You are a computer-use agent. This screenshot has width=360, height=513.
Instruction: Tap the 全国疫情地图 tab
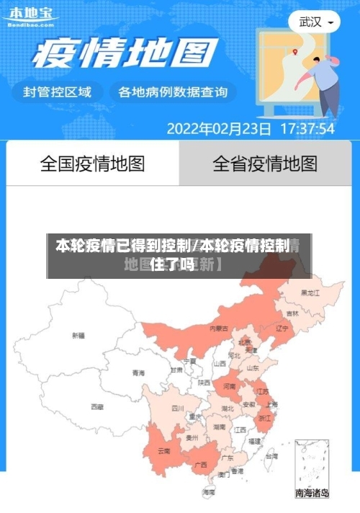(92, 164)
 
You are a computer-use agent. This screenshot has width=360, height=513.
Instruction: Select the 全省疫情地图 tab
(265, 164)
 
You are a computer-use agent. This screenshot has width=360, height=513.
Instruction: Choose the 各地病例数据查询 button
(173, 92)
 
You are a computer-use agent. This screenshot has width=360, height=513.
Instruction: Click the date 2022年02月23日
(219, 130)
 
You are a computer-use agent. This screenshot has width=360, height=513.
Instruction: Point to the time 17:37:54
(306, 130)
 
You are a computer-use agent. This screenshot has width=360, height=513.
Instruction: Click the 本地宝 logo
(30, 15)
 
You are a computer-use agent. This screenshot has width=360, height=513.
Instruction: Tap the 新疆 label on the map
(78, 335)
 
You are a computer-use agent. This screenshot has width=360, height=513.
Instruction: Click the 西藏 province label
(96, 406)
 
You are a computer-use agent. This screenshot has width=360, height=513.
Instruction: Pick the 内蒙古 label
(219, 328)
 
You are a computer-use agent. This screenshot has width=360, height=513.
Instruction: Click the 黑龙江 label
(310, 293)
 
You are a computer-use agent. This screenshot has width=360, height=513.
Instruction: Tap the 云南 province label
(164, 451)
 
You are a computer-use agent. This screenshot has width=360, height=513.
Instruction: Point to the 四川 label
(178, 408)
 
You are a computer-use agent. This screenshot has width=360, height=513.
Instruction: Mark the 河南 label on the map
(229, 386)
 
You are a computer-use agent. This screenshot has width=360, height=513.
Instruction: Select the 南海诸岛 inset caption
(312, 494)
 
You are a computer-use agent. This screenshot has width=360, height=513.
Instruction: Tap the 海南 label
(209, 492)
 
